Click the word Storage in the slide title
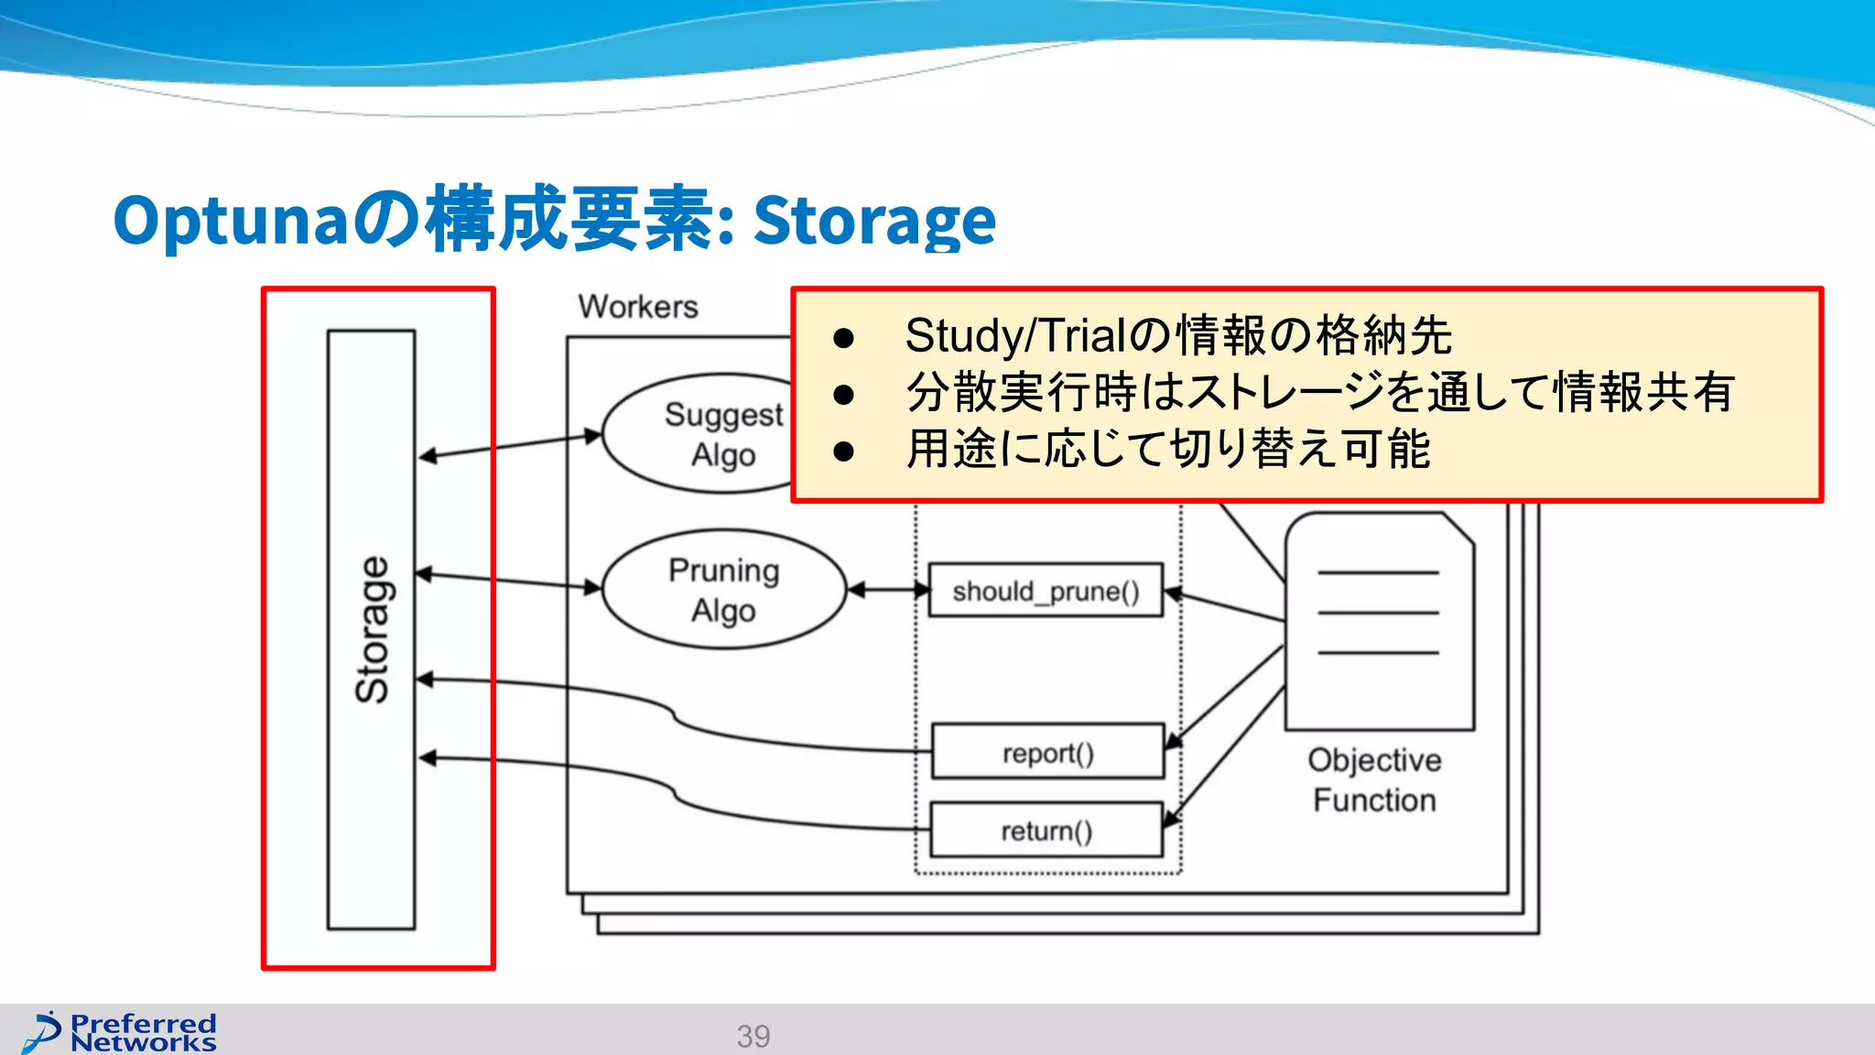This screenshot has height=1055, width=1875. pos(874,222)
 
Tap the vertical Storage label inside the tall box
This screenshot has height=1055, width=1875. pos(373,630)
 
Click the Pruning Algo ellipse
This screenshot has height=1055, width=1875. pos(723,590)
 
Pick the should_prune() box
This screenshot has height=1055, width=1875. pos(1046,591)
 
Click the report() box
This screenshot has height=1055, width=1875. pos(1047,752)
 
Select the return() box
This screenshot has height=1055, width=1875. pos(1046,831)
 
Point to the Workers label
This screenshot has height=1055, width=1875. pos(638,307)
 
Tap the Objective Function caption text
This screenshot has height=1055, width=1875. pos(1374,779)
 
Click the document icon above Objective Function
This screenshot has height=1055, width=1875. pos(1379,622)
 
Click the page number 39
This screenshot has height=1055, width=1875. pos(753,1036)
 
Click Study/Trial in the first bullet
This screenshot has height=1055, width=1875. pos(1013,335)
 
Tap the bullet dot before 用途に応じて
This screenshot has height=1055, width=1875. pos(843,451)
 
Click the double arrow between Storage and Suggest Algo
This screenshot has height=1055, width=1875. pos(510,446)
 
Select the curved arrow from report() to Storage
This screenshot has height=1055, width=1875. pos(677,719)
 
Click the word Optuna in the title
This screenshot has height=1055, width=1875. pos(229,222)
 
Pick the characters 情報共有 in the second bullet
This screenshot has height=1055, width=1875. pos(1643,392)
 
